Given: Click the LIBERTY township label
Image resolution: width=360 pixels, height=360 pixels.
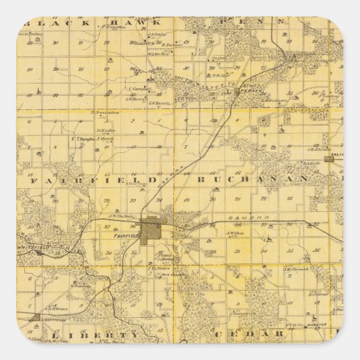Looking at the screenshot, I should click(95, 336).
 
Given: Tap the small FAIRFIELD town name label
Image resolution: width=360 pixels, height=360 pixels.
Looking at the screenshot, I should click(127, 235).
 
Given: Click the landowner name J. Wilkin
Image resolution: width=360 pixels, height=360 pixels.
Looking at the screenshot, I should click(234, 232).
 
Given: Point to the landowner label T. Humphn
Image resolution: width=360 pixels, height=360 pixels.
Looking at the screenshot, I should click(82, 139).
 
